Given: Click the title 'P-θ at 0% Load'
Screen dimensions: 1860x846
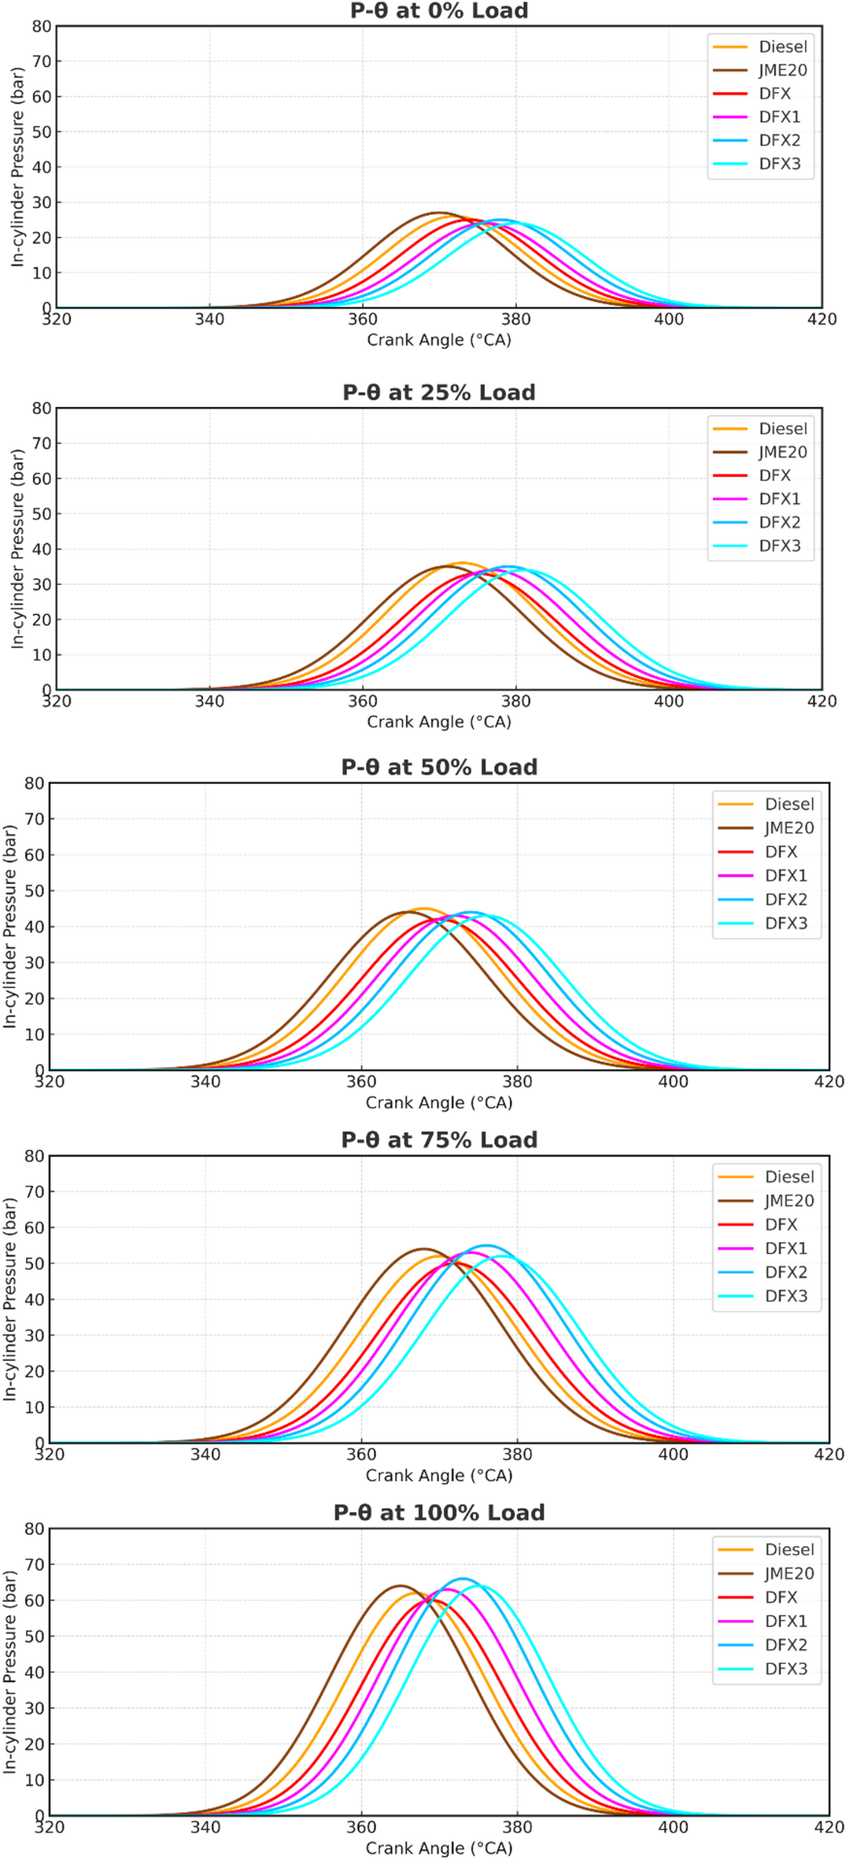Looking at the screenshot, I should point(438,11).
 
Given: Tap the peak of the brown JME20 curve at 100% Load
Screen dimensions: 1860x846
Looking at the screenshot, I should point(401,1586).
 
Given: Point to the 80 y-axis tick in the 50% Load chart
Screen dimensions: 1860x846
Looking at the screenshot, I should point(35,782).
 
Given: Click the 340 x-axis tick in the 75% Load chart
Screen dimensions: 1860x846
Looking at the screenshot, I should point(205,1455).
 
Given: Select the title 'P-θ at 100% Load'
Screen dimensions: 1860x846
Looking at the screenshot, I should point(438,1513).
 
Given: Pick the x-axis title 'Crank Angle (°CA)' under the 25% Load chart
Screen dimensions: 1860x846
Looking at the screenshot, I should point(438,722).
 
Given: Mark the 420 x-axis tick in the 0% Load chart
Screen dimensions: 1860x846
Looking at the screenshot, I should point(822,319).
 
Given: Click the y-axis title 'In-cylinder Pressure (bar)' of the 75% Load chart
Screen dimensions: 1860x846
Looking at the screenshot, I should point(10,1299).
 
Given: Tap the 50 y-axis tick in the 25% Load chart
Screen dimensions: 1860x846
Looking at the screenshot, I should point(41,513).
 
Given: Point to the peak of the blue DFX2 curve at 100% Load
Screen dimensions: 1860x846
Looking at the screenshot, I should point(463,1579).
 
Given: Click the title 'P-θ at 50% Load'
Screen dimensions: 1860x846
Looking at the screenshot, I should point(438,767).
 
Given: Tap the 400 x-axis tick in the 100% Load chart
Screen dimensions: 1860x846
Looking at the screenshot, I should point(673,1827).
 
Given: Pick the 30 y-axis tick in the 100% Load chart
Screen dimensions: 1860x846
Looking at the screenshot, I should point(35,1708).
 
